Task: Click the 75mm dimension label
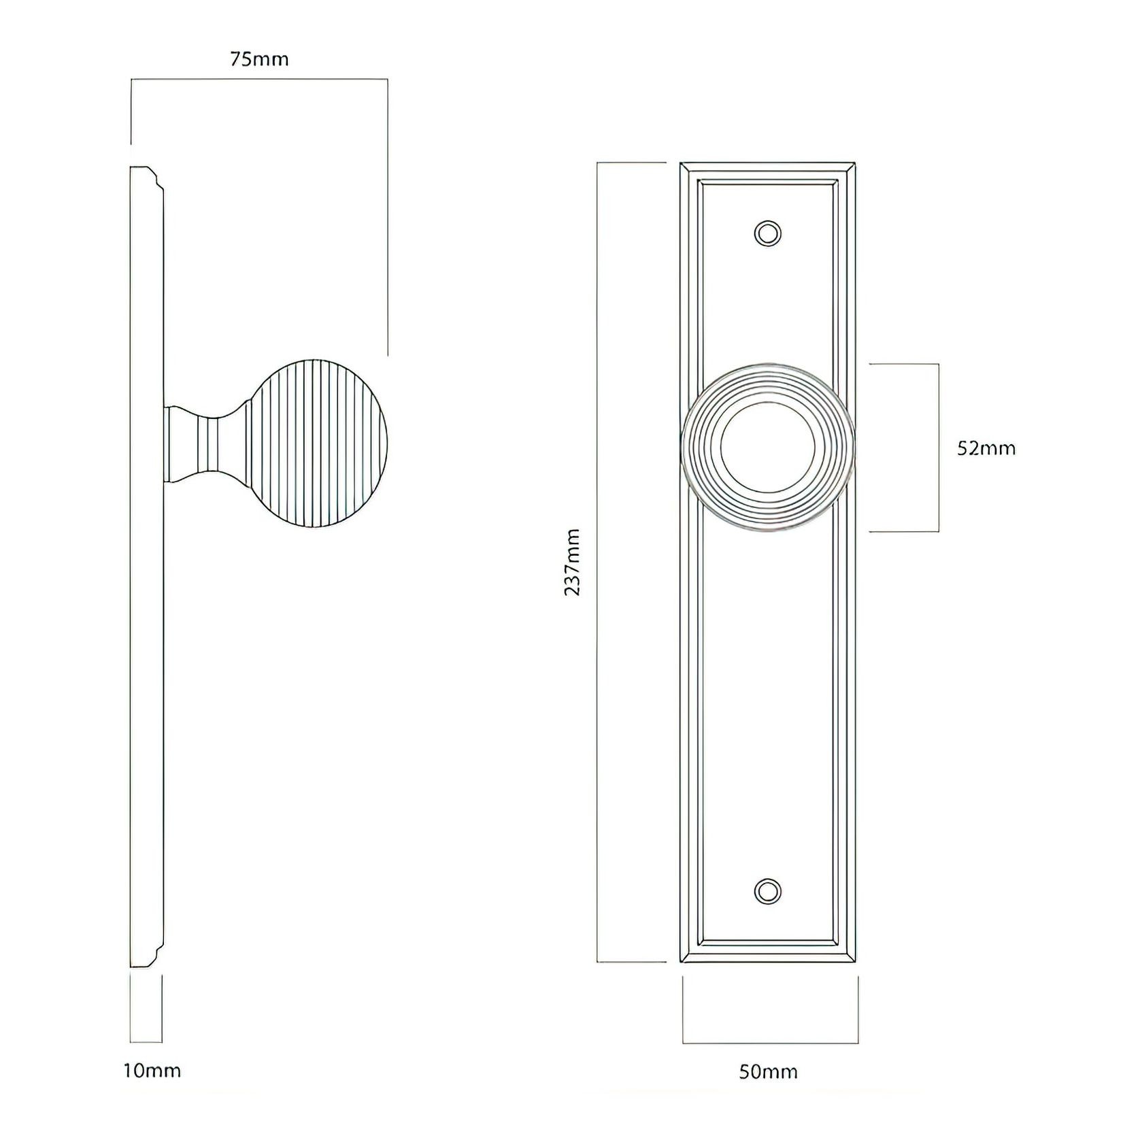(258, 60)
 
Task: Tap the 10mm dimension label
(152, 1071)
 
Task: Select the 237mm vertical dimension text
(573, 562)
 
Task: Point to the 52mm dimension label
(986, 448)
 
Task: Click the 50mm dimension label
(768, 1073)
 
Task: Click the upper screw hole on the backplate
(767, 233)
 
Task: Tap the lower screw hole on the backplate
(767, 891)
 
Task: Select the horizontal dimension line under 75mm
(258, 80)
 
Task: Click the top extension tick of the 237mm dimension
(631, 163)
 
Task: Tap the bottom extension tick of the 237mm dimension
(631, 962)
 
